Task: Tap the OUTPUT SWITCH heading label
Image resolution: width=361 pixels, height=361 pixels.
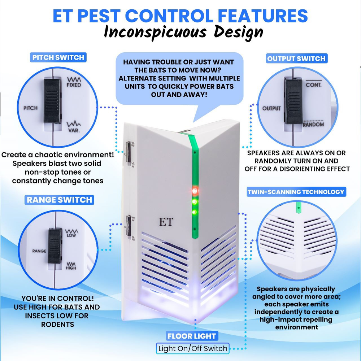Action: tap(296, 58)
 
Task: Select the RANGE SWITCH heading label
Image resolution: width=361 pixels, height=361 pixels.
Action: tap(60, 200)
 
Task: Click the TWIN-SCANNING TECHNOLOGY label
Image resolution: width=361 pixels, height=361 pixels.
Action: tap(296, 192)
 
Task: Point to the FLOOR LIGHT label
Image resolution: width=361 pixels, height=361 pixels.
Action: tap(192, 336)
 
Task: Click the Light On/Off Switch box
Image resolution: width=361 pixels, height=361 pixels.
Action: tap(193, 348)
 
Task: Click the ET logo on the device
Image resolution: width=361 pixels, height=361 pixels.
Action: tap(166, 222)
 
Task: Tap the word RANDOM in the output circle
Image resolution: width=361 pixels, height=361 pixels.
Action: tap(313, 125)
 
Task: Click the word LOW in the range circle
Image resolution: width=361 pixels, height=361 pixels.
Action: tap(71, 235)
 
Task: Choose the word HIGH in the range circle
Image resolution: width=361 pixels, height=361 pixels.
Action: tap(71, 268)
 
